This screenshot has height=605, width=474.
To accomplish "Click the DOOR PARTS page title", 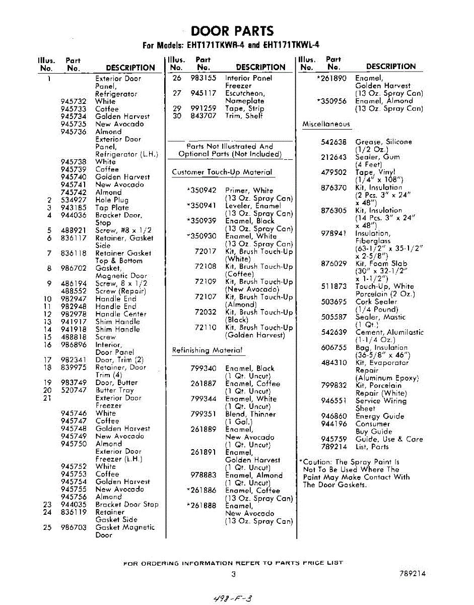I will pos(233,31).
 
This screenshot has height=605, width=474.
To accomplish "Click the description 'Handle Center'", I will pos(121,314).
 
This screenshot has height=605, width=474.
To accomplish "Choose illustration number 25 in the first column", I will pos(47,527).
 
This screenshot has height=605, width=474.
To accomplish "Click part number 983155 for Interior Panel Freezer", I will pos(203,78).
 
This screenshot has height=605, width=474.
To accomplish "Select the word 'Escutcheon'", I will pos(245,93).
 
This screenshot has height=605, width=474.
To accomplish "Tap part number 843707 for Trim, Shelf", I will pos(203,116).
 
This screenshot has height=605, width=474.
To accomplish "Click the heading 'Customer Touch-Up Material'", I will pos(222,172).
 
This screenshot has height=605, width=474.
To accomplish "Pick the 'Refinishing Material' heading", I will pos(207,350).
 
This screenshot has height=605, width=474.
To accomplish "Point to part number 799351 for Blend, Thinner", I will pos(203,414).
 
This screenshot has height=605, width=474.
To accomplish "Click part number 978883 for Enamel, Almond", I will pos(203,475).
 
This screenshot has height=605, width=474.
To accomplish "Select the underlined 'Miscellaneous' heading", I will pos(325,124).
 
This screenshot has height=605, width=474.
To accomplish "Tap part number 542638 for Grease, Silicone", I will pos(333,142).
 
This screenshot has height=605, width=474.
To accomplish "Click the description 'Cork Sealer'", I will pos(376,302).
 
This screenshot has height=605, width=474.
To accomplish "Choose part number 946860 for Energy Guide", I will pos(333,416).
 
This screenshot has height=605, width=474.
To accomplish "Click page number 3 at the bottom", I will pos(233,574).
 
